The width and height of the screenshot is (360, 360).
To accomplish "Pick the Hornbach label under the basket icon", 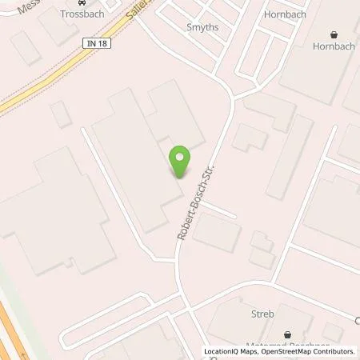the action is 334,46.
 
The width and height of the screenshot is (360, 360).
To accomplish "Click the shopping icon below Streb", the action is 286,334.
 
